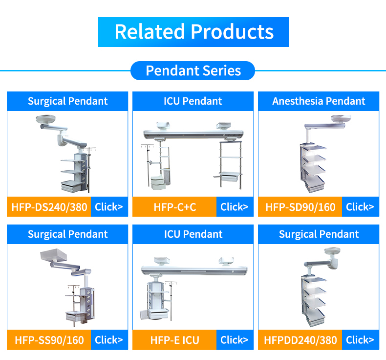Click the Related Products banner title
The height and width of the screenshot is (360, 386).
click(193, 32)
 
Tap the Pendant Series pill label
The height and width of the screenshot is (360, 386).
click(193, 71)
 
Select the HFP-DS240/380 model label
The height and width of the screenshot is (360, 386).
click(49, 207)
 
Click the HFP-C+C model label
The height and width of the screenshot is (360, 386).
click(174, 207)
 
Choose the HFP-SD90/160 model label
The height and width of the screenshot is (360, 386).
click(300, 207)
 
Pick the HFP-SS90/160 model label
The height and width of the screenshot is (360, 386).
click(49, 340)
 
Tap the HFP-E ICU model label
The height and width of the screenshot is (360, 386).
click(174, 340)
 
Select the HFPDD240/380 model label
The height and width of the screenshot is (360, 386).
click(300, 340)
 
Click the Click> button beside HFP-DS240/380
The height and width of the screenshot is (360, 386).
click(109, 207)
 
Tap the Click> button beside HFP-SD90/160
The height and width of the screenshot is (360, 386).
click(360, 207)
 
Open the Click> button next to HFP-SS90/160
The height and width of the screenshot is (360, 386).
click(109, 340)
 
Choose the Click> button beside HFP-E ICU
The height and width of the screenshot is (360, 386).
click(235, 340)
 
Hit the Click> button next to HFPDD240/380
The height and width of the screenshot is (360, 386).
click(360, 340)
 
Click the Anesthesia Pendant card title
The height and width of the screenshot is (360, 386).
click(319, 101)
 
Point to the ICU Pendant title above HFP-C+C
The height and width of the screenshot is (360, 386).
click(193, 101)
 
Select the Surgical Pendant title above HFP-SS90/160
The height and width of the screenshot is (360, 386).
click(67, 234)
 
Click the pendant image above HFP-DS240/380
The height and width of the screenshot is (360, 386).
click(67, 154)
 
